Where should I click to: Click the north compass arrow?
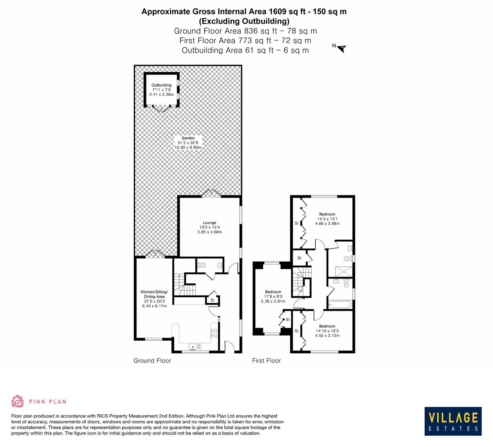[x=341, y=49]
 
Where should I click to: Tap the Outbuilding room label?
[x=161, y=90]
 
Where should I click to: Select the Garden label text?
[x=188, y=143]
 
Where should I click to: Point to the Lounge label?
[x=209, y=227]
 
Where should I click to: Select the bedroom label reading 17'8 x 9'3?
[x=273, y=296]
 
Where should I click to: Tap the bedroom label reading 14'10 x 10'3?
[x=327, y=331]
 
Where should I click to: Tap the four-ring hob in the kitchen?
[x=214, y=333]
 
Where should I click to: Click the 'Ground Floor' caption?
[x=152, y=360]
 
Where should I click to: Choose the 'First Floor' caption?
[x=267, y=360]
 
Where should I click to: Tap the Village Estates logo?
[x=453, y=421]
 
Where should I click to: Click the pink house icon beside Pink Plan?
[x=18, y=401]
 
